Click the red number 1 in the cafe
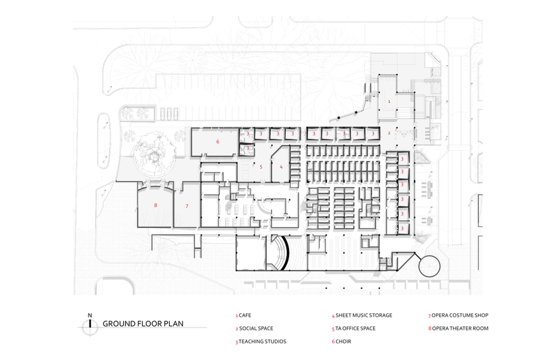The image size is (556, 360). [389, 102]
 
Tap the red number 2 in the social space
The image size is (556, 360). [389, 133]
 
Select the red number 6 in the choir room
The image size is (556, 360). [217, 141]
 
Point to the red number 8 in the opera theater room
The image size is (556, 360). [155, 205]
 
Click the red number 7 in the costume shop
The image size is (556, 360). [187, 206]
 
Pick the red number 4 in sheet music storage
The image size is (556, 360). [281, 167]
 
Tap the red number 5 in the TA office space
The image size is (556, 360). [261, 167]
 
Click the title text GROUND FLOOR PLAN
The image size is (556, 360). [143, 323]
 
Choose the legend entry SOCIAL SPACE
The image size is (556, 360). [254, 328]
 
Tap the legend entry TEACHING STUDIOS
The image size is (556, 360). [260, 342]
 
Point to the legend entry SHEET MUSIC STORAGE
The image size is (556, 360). [362, 315]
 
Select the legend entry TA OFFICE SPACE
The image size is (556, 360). [353, 328]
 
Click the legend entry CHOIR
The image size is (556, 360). [341, 342]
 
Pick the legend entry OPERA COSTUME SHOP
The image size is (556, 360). [458, 315]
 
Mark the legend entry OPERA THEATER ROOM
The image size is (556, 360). [458, 328]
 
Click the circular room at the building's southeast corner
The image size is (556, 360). [429, 266]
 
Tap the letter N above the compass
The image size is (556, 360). [90, 315]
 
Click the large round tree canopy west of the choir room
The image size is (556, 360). [155, 155]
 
